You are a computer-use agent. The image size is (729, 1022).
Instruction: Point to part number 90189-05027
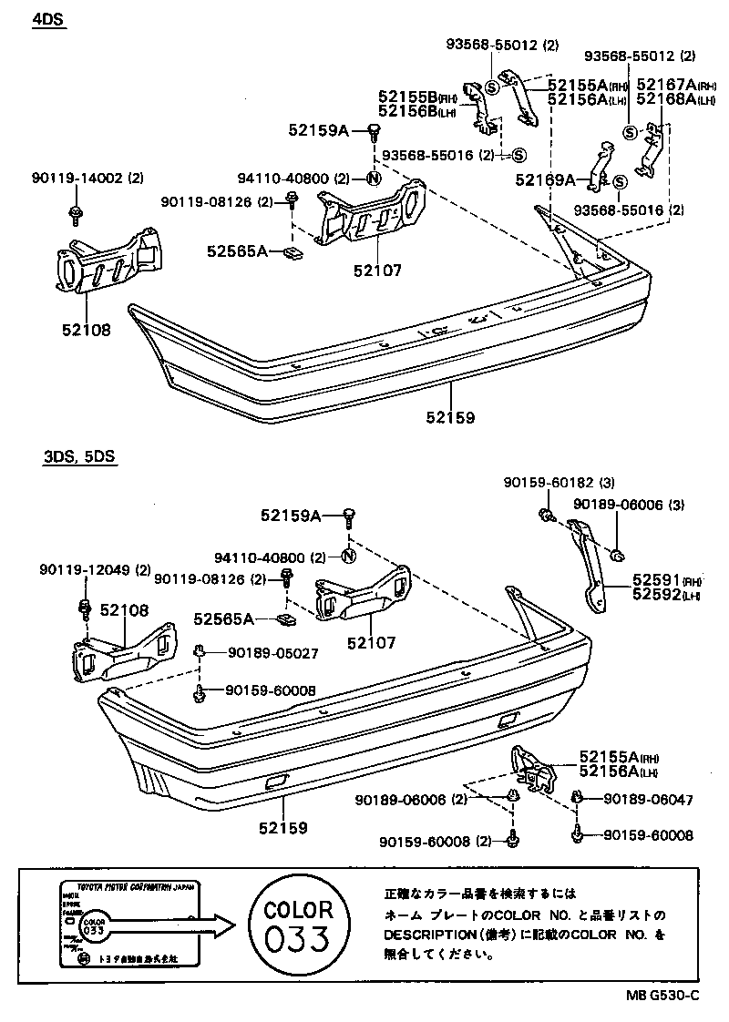point(260,652)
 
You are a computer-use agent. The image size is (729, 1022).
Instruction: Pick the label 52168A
point(666,98)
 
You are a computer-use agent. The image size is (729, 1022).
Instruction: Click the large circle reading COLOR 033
point(298,923)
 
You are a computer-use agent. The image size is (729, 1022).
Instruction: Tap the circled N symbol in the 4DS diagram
point(374,179)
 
